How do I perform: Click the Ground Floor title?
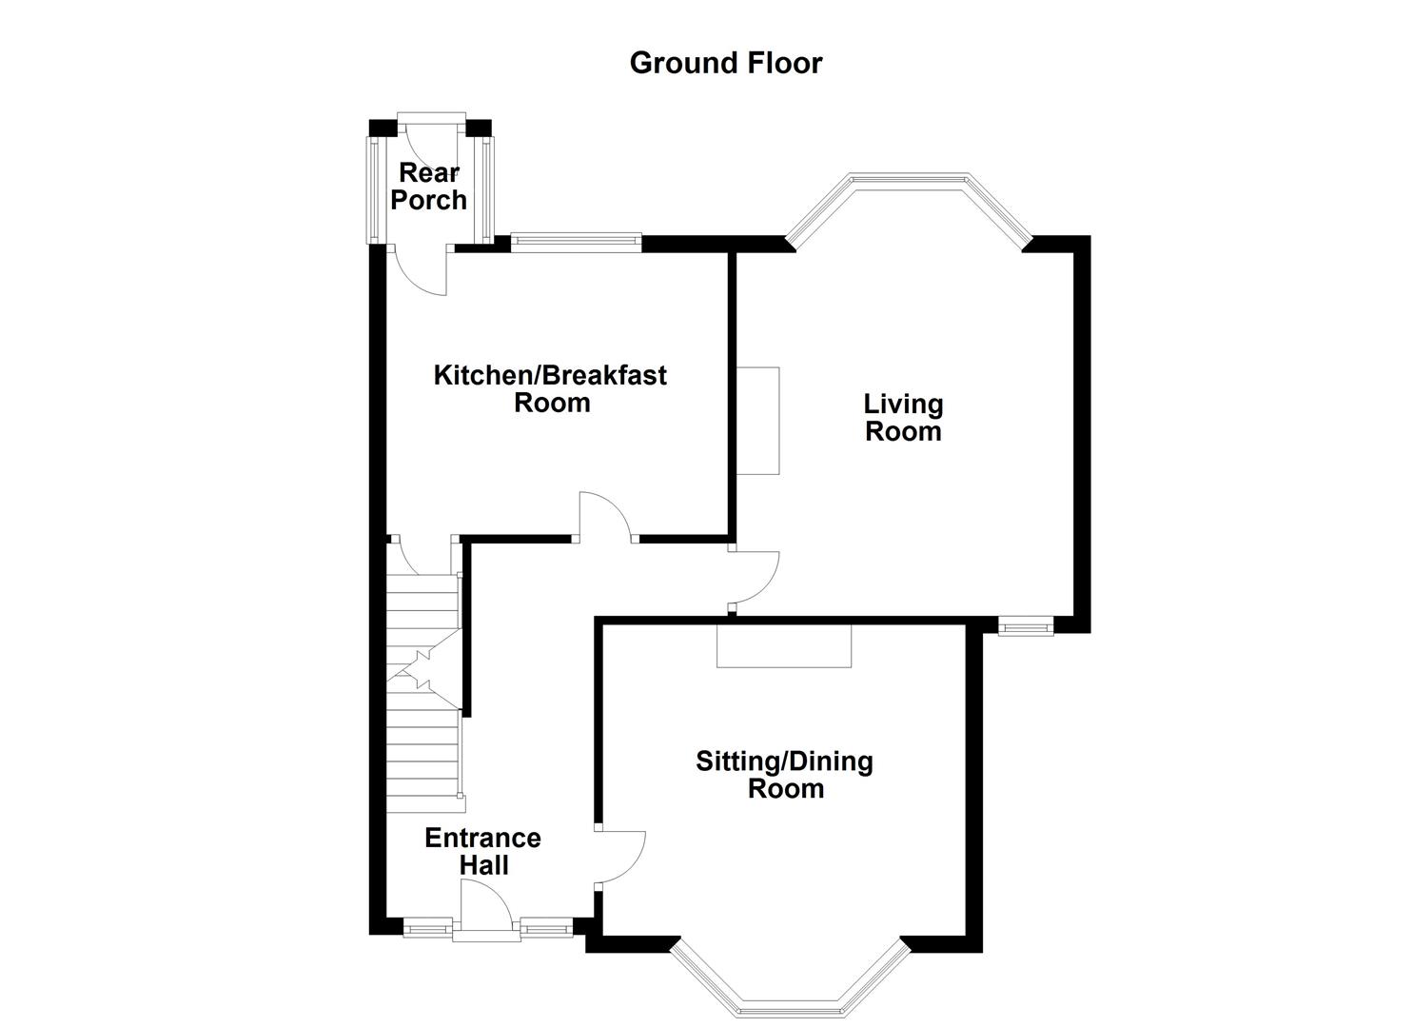725,63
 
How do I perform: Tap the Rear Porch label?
429,187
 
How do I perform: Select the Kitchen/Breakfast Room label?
550,388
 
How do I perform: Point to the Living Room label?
903,417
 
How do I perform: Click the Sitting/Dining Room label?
785,775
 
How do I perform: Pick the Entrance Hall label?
483,851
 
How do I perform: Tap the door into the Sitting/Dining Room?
620,857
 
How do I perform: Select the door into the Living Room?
755,576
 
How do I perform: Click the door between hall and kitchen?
605,517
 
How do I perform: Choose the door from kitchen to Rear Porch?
422,271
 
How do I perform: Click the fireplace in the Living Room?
757,421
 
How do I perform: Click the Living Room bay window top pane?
909,179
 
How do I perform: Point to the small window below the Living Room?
1025,625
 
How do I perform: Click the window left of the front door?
427,926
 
